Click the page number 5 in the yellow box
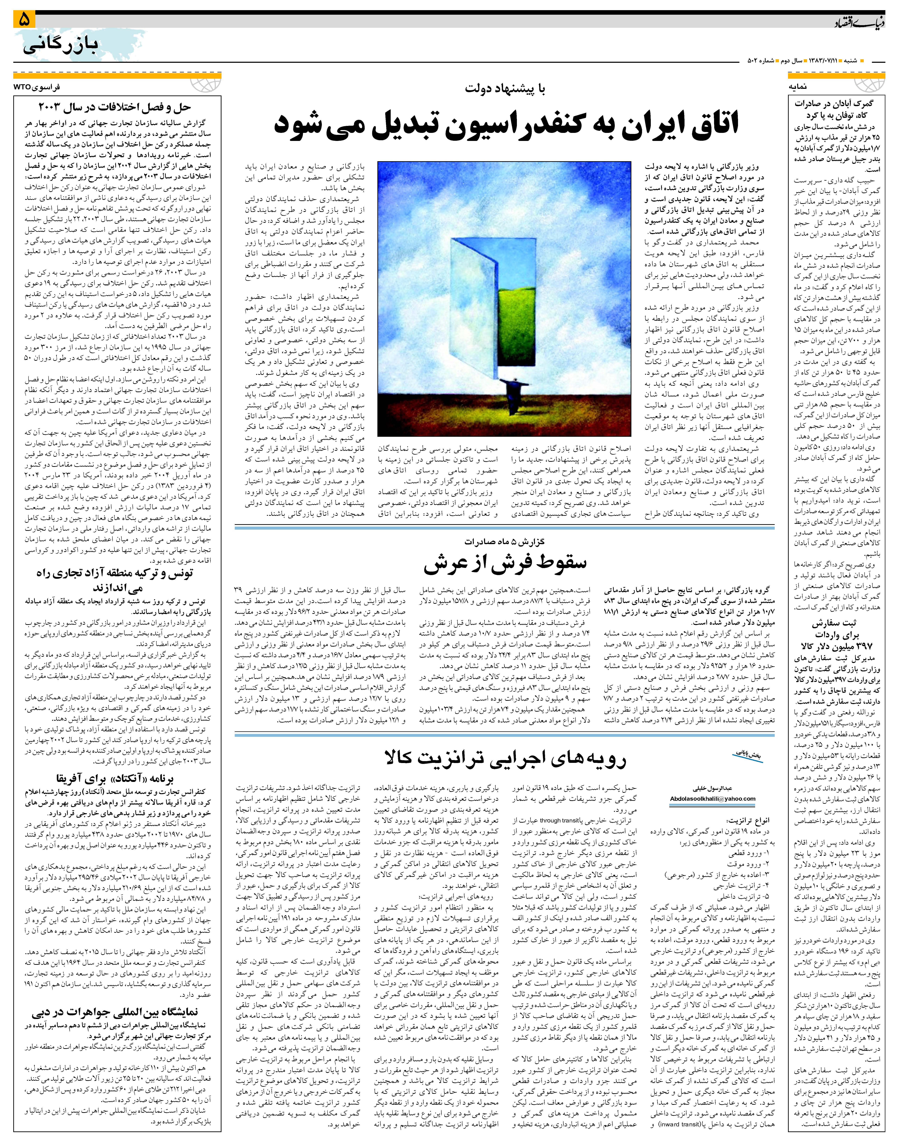point(24,20)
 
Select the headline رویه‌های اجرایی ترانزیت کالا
point(505,758)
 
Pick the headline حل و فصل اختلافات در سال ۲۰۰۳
point(115,107)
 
